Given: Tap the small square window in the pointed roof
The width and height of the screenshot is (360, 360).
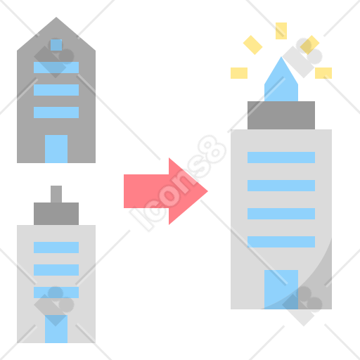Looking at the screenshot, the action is click(x=56, y=45).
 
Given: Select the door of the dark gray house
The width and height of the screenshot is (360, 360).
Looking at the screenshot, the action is click(x=56, y=149).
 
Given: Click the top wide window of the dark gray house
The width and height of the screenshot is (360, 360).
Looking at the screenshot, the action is click(x=56, y=67).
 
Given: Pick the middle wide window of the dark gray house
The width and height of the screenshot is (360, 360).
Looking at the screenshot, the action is click(x=56, y=90).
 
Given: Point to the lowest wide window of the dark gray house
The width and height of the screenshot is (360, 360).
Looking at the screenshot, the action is click(x=56, y=112).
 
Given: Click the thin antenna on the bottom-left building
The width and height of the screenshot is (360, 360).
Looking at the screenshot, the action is click(x=56, y=194).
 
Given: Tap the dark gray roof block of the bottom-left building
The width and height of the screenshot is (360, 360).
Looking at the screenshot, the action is click(x=56, y=214).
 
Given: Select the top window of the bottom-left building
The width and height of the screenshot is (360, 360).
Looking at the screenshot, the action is click(x=56, y=247).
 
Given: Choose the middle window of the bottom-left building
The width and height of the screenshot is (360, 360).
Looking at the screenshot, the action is click(x=56, y=270).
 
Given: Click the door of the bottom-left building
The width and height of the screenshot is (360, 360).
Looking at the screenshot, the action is click(x=56, y=329).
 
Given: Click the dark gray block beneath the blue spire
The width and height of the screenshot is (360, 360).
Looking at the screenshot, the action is click(x=281, y=115).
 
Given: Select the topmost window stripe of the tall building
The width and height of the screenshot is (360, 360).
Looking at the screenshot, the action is click(x=281, y=157).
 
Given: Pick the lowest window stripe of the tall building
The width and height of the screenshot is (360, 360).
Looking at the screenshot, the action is click(x=281, y=242).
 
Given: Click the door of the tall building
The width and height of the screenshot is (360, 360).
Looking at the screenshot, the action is click(x=281, y=290).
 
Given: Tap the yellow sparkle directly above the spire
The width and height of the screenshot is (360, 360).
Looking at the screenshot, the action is click(x=281, y=31).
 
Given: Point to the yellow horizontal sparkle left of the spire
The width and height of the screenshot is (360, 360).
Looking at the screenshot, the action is click(x=239, y=73).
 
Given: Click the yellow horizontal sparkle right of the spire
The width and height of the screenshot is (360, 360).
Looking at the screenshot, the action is click(x=323, y=73).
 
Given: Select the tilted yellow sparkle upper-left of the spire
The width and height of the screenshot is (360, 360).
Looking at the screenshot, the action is click(x=252, y=45).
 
